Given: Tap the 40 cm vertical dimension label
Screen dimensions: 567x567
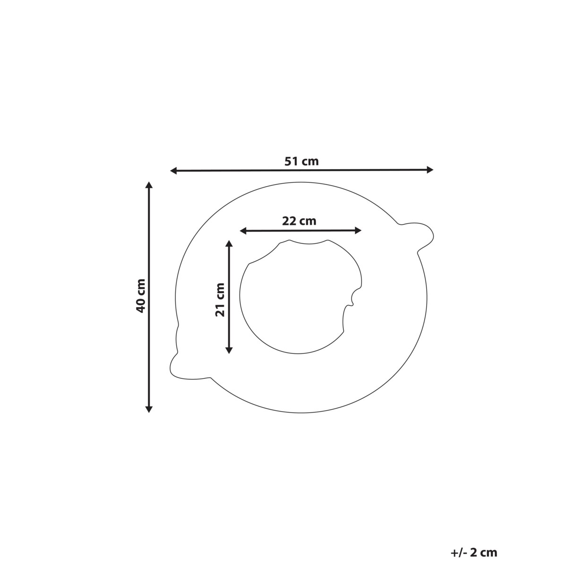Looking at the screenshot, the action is click(141, 296).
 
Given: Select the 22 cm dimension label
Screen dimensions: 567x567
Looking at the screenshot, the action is click(299, 221).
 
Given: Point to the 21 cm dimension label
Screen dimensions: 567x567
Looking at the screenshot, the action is click(220, 300).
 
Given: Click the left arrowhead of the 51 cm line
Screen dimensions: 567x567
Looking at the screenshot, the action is click(173, 171).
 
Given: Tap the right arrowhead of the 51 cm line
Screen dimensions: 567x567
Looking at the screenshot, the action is click(430, 170).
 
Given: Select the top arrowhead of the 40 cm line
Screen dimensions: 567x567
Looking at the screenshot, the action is click(149, 185).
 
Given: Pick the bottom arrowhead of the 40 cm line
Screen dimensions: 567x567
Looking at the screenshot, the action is click(149, 409).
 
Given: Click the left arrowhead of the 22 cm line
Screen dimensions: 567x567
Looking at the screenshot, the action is click(243, 231).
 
